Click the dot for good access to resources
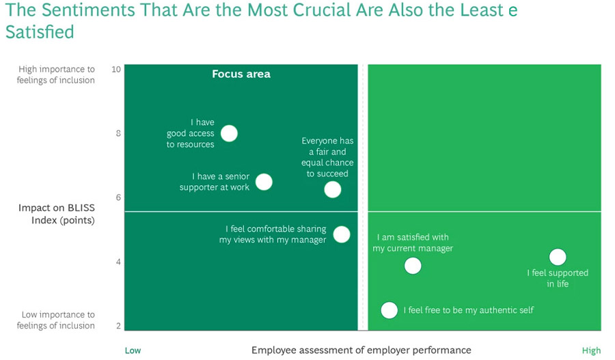[x=230, y=133]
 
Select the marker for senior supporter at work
[x=264, y=182]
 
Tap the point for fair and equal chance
[x=332, y=189]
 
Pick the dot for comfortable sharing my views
[x=342, y=234]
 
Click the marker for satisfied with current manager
[x=413, y=265]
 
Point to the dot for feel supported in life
[x=558, y=257]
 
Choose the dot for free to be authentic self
[x=389, y=310]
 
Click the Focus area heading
[x=241, y=74]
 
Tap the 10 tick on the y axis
[x=115, y=69]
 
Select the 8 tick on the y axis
[x=118, y=133]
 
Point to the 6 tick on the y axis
[x=118, y=197]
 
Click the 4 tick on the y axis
[x=118, y=262]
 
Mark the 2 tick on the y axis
[x=118, y=326]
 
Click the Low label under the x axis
[x=133, y=350]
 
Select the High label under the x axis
[x=591, y=350]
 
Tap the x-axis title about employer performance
[x=361, y=350]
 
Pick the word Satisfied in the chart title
[x=40, y=32]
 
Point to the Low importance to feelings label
[x=57, y=320]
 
